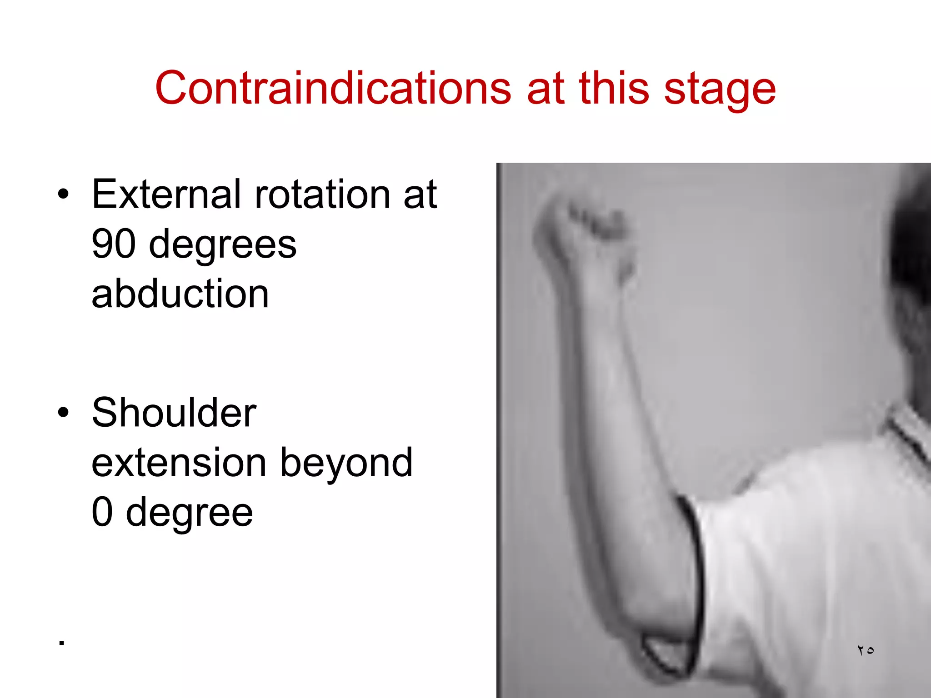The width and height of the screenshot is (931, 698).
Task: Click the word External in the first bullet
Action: (166, 194)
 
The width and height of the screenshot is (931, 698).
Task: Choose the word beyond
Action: (346, 464)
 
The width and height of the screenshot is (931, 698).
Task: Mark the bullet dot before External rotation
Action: (63, 195)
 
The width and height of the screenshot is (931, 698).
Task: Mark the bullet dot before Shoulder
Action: (63, 413)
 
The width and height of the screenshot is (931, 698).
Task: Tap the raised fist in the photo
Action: (586, 232)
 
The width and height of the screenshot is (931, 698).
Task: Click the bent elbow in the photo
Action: (668, 645)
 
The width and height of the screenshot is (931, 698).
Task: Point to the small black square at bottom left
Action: (62, 643)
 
